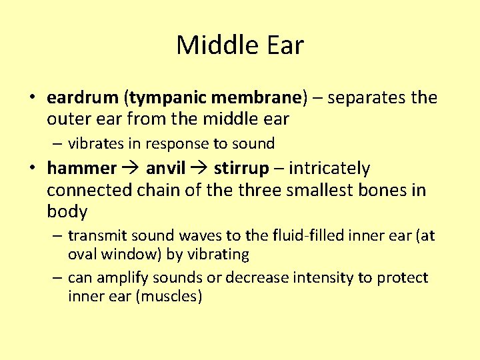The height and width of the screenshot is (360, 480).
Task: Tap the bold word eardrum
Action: point(83,98)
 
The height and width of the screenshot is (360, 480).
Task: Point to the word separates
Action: point(366,98)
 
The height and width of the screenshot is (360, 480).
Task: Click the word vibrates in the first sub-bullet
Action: point(95,143)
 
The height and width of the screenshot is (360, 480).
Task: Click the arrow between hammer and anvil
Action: point(131,169)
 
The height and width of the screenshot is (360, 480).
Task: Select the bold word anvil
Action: point(165,169)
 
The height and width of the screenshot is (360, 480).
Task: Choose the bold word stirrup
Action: point(241,169)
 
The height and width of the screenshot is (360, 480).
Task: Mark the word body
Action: point(67,212)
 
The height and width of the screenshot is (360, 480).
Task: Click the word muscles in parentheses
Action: point(168,296)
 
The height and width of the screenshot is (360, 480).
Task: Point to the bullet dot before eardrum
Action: point(31,98)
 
